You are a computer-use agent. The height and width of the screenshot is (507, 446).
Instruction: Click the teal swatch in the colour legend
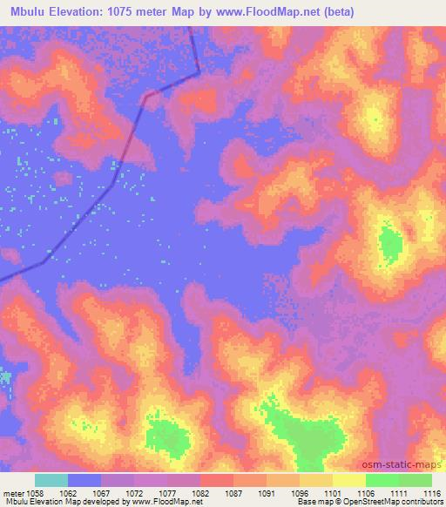coord(51,480)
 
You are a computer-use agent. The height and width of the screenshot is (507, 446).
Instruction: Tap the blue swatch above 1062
coord(84,480)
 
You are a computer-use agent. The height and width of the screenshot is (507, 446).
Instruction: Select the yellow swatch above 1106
coord(349,480)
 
